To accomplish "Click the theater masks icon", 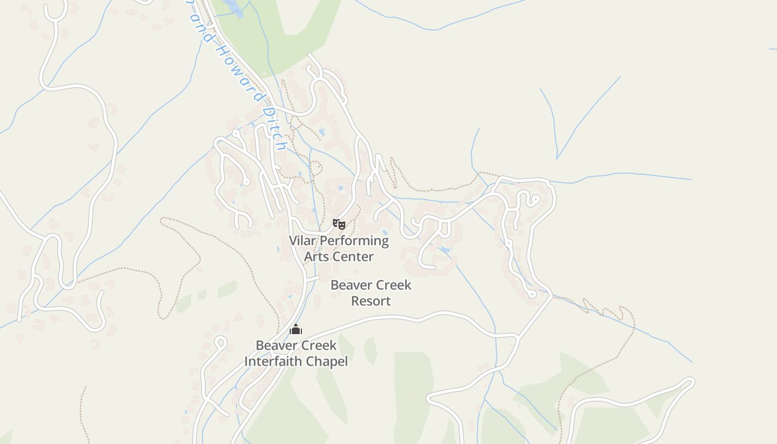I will point(339,224).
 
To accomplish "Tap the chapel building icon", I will point(296,330).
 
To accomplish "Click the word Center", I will point(354,256).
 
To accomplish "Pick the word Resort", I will point(371,301).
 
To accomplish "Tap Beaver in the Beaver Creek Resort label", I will point(350,285).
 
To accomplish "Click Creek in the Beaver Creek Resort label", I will point(391,285).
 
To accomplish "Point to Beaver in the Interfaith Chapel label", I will point(275,345).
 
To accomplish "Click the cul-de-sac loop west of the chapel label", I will point(220,342).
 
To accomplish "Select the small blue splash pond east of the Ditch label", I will point(322,132).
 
